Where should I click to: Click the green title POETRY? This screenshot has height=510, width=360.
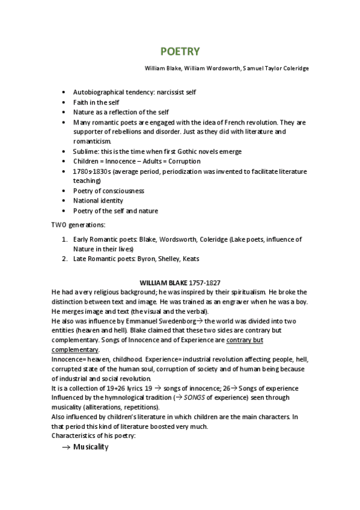pyautogui.click(x=180, y=52)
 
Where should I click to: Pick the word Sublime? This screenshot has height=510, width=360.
pyautogui.click(x=87, y=152)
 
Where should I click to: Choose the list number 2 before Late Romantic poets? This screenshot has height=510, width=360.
pyautogui.click(x=66, y=259)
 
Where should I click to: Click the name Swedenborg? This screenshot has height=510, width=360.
pyautogui.click(x=180, y=321)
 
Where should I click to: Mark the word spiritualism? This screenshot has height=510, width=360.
pyautogui.click(x=237, y=292)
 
